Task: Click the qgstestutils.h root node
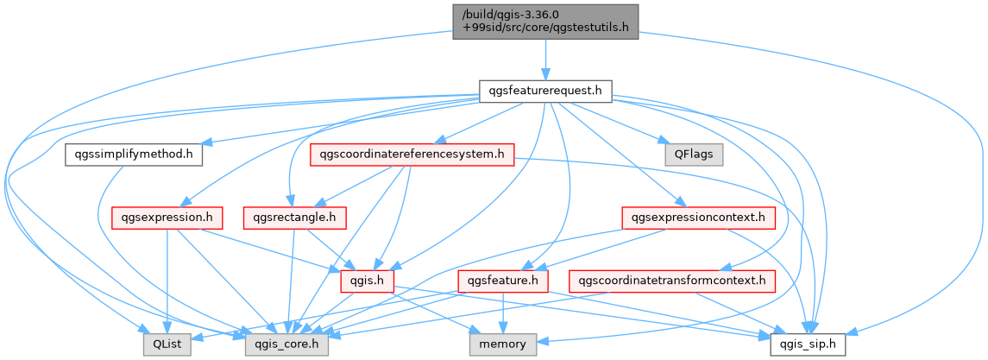coord(545,22)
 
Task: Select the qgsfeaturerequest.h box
coord(545,92)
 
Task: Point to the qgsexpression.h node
coord(167,218)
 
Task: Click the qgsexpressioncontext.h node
coord(699,218)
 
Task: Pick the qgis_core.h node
coord(287,344)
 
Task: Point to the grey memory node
coord(503,344)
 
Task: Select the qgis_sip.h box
coord(808,344)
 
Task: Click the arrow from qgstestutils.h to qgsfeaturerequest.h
coord(545,60)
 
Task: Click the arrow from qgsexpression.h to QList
coord(167,281)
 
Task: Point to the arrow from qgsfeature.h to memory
coord(503,313)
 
